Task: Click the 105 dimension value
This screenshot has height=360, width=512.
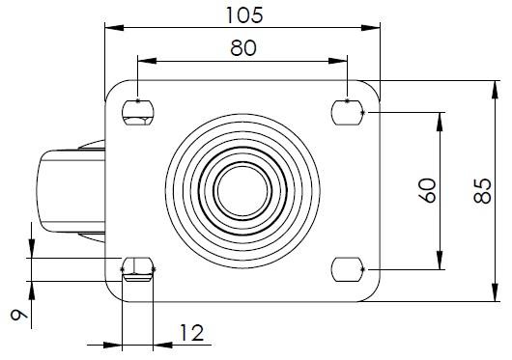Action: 244,15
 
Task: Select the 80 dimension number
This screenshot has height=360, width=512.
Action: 243,48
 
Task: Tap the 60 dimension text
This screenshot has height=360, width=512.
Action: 427,190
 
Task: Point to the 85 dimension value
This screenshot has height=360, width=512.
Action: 483,191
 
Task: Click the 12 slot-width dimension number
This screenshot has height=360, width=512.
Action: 191,333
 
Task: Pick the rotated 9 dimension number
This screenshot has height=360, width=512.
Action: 19,315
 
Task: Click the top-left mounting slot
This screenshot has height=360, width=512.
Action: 138,113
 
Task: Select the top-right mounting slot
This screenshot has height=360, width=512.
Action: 348,113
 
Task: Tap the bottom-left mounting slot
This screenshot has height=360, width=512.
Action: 138,269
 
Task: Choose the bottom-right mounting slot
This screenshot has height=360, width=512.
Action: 348,269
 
